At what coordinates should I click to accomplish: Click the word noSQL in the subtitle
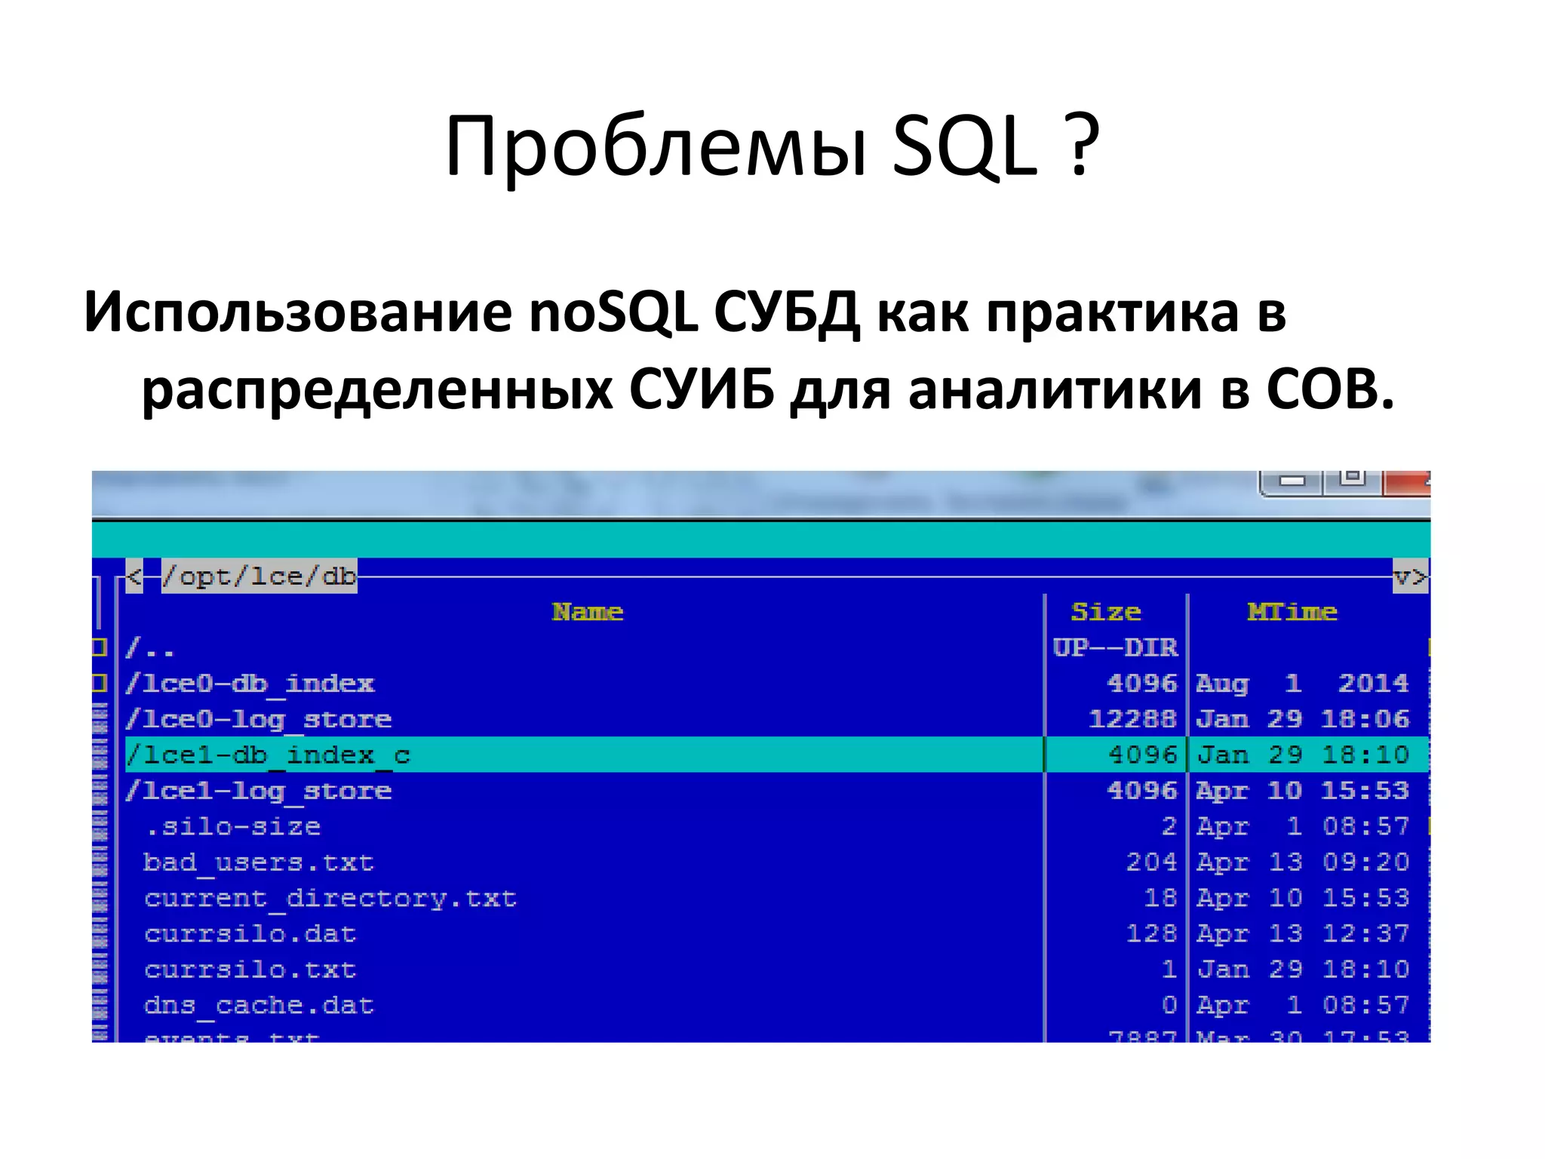point(613,312)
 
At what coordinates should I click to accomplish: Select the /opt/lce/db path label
point(259,576)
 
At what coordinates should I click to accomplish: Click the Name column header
point(587,611)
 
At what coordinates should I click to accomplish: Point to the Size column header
point(1105,611)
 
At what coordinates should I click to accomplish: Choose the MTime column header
point(1292,611)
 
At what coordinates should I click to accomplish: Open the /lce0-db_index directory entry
point(250,684)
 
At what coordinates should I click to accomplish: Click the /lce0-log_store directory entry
point(259,719)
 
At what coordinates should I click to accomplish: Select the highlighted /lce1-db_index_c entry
point(269,755)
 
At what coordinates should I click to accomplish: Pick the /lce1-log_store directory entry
point(259,791)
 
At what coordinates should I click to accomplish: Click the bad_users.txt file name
point(259,862)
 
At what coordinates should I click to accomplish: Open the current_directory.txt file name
point(330,898)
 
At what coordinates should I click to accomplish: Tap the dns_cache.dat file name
point(259,1005)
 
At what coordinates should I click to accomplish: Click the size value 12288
point(1132,719)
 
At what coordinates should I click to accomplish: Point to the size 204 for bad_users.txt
point(1151,862)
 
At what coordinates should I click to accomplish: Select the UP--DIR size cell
point(1115,647)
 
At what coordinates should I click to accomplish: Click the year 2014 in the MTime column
point(1373,684)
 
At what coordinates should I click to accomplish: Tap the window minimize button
point(1292,481)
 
